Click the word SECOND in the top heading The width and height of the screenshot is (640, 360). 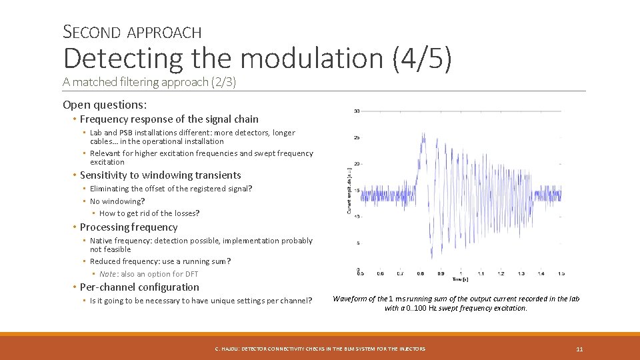(92, 31)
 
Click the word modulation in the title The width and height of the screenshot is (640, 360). (313, 59)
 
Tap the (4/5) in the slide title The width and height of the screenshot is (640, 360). (423, 59)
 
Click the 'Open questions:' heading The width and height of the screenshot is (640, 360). (105, 105)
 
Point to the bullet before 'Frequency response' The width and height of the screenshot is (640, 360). (75, 119)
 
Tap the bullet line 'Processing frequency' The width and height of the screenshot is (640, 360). (129, 227)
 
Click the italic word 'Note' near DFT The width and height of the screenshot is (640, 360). (107, 274)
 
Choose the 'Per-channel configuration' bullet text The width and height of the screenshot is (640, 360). (139, 287)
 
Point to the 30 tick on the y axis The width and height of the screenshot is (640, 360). (357, 111)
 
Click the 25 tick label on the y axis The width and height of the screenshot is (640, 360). (357, 137)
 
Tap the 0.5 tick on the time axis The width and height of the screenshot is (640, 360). (360, 273)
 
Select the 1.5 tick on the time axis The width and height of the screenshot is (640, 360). (561, 273)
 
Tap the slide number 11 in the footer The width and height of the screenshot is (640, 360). (579, 349)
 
